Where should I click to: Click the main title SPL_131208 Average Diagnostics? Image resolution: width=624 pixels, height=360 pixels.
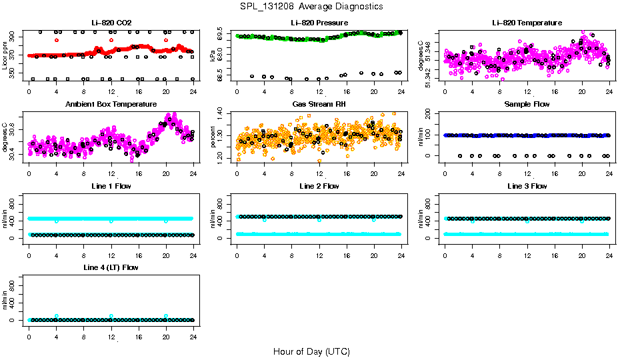pos(312,6)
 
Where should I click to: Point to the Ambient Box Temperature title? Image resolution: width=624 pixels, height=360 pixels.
pos(111,105)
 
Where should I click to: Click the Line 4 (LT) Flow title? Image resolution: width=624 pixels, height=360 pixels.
pos(111,268)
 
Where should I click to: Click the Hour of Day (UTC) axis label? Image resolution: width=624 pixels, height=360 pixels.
pos(311,351)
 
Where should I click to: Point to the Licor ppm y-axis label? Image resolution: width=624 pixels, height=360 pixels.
pos(5,55)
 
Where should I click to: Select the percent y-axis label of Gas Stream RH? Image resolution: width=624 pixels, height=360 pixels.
pos(213,137)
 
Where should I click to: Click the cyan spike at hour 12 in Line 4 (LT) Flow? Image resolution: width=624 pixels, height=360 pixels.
pos(111,316)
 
